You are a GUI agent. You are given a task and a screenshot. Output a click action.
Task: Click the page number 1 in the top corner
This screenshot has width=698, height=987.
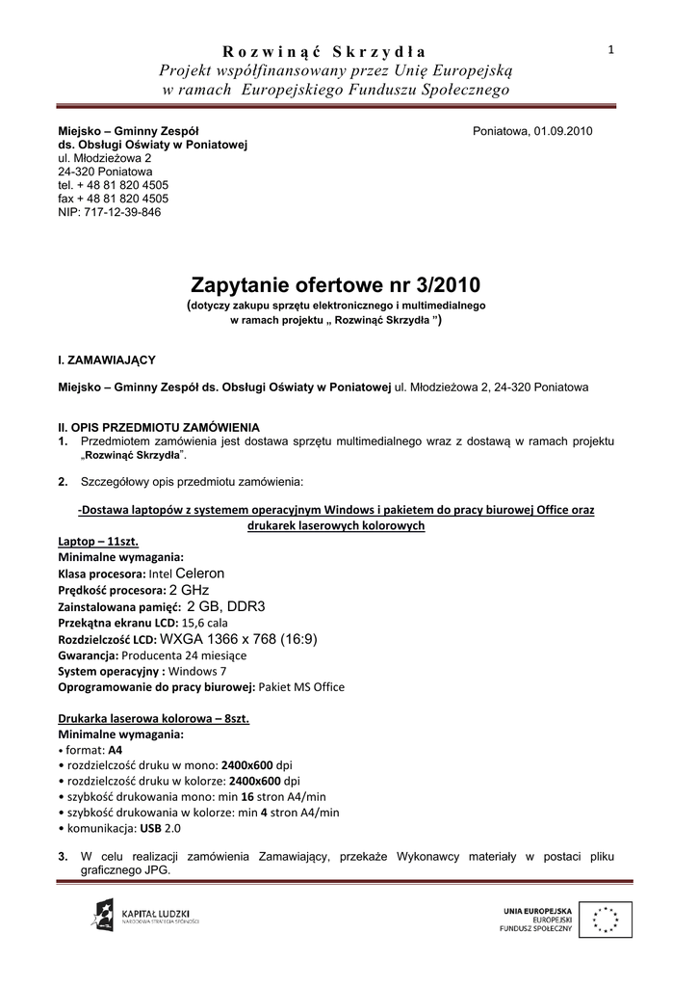click(x=611, y=49)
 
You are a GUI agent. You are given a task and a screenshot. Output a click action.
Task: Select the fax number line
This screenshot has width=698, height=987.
click(x=113, y=199)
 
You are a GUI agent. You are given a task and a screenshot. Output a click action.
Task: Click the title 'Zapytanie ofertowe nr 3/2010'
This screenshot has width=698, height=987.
click(x=335, y=285)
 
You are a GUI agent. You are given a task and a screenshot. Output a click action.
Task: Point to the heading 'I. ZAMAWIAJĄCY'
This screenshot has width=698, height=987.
click(x=107, y=360)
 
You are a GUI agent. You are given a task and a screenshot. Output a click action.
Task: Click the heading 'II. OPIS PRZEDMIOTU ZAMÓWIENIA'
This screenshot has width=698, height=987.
click(x=159, y=427)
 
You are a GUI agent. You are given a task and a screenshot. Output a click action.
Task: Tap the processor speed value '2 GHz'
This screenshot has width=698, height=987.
click(x=189, y=589)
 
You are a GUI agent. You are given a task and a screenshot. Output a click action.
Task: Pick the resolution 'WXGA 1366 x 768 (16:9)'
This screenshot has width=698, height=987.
click(x=238, y=638)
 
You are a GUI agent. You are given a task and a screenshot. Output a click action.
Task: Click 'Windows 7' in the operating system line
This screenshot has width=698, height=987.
click(x=198, y=671)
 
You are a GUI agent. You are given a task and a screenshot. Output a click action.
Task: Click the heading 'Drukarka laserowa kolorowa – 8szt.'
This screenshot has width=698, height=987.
click(x=154, y=719)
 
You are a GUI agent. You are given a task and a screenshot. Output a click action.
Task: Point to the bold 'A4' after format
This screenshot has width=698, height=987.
click(x=116, y=750)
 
